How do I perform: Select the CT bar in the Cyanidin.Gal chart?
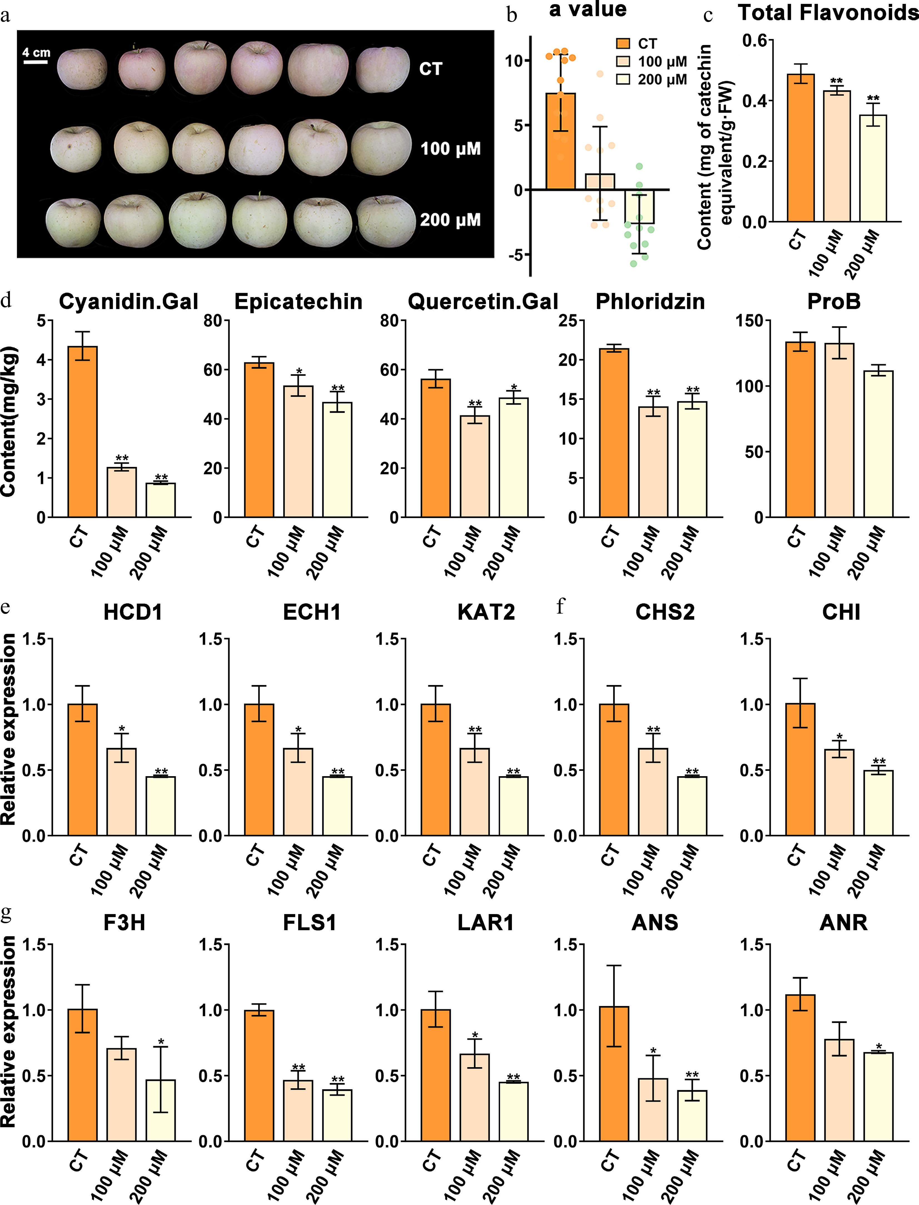click(83, 432)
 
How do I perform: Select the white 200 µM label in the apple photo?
click(450, 220)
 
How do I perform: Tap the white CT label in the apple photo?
click(430, 69)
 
